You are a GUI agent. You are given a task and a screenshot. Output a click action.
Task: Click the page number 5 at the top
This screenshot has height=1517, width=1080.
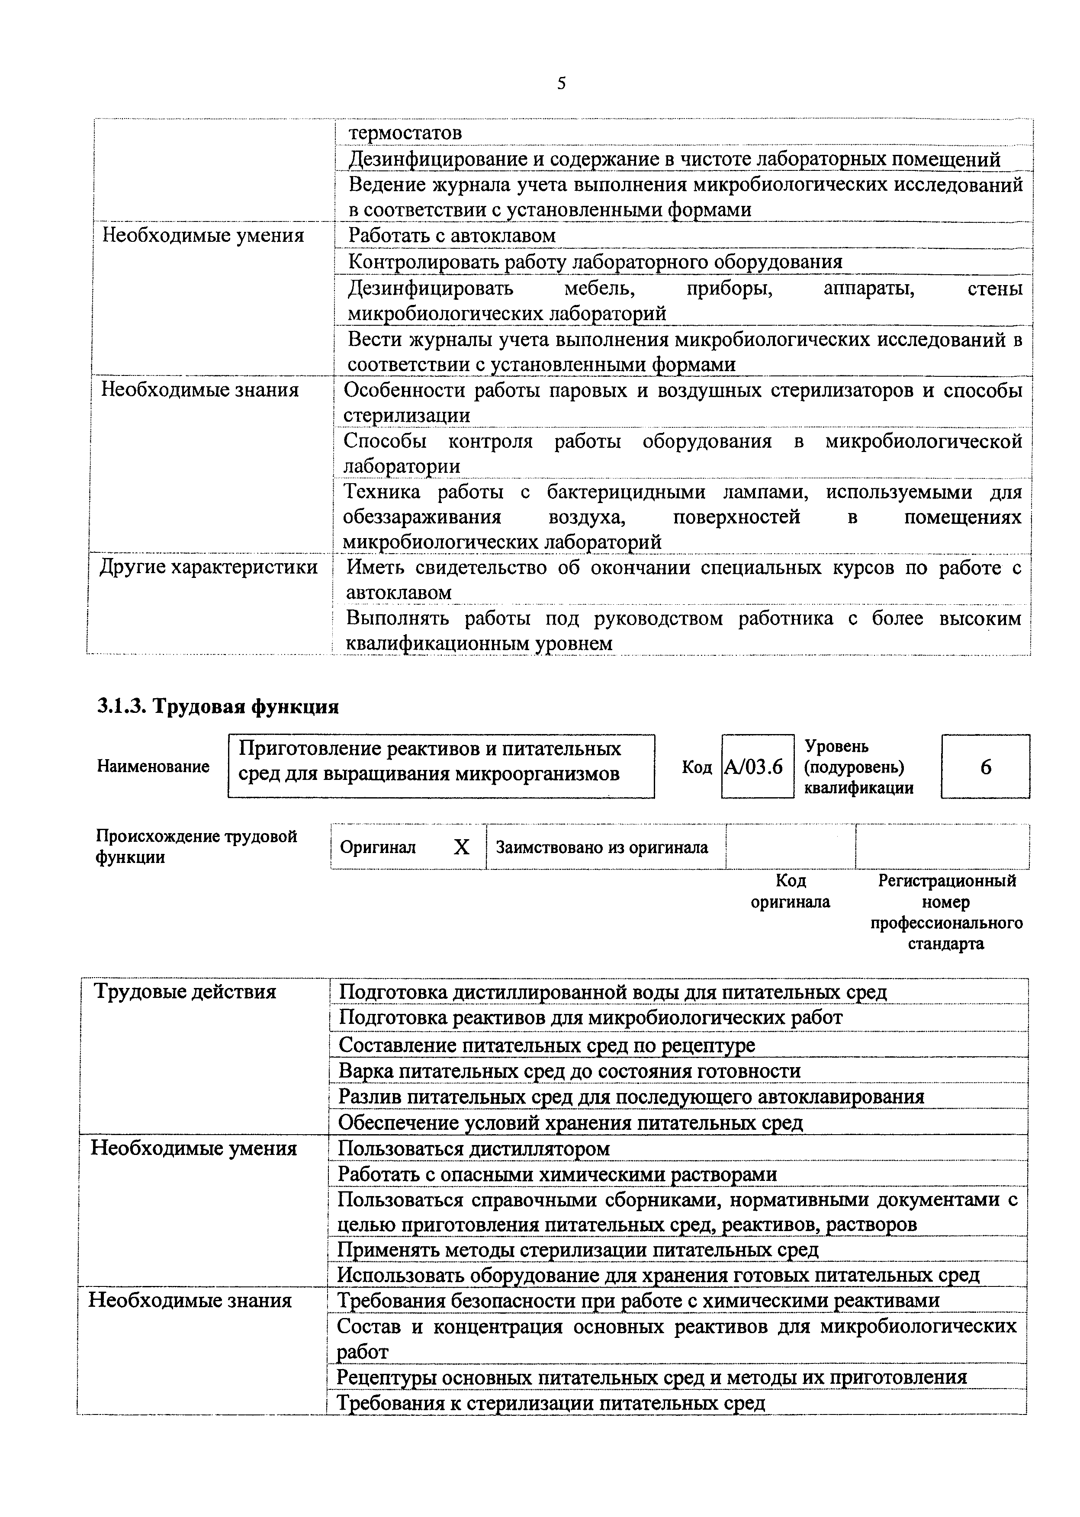(x=561, y=83)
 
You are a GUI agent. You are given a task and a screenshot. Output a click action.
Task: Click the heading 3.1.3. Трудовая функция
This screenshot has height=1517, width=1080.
(x=218, y=706)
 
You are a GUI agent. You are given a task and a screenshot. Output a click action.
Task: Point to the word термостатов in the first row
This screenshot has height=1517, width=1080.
(x=405, y=132)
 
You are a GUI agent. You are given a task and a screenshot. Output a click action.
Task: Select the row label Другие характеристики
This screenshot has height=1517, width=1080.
(x=208, y=567)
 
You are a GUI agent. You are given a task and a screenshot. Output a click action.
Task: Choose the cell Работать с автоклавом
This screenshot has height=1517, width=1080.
(x=452, y=235)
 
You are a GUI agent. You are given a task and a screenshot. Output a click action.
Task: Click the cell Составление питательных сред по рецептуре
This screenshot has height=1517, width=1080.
(x=546, y=1045)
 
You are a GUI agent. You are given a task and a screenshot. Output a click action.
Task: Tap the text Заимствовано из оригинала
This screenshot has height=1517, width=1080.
(x=602, y=847)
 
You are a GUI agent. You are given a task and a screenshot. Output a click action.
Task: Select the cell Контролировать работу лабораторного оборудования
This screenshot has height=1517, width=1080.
(x=595, y=262)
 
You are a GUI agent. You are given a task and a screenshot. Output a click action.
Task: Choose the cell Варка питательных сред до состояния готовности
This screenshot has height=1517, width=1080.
(x=569, y=1071)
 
